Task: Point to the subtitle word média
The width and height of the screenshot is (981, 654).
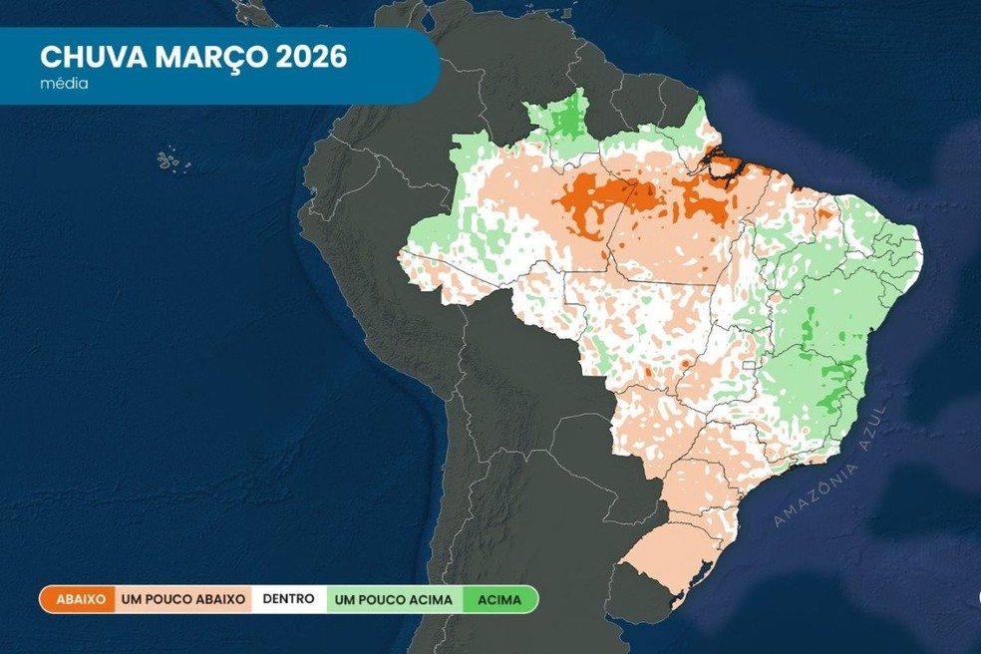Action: (x=64, y=84)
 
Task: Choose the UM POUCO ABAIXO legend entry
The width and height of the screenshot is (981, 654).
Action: (x=182, y=599)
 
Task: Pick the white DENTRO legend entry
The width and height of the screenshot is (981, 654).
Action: (x=289, y=599)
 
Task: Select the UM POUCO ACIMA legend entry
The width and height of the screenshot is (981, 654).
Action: (x=393, y=599)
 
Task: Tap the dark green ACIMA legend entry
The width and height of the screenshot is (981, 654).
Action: (x=499, y=599)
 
